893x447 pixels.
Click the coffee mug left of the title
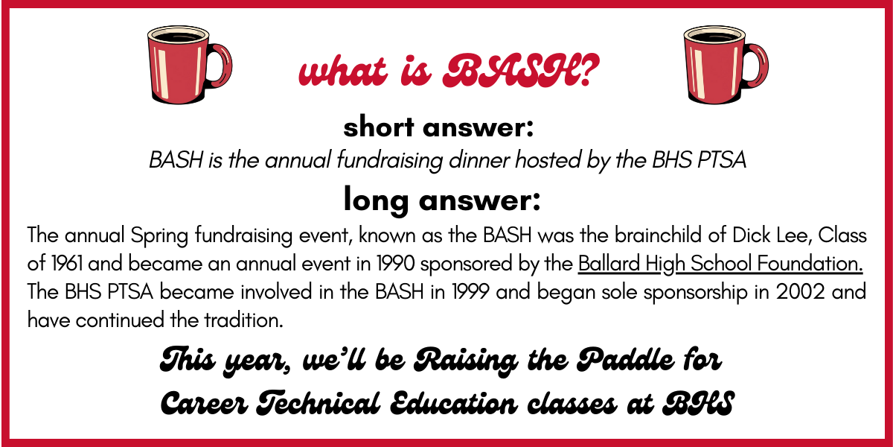[x=188, y=65]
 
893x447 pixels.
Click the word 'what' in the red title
[x=343, y=71]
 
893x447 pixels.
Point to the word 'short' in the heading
[x=379, y=127]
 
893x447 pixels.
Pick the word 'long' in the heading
[x=376, y=200]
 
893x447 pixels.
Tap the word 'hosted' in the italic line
[x=548, y=159]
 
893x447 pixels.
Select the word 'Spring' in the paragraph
[x=159, y=235]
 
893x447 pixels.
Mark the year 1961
[x=66, y=264]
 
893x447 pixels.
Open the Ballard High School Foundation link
[x=720, y=264]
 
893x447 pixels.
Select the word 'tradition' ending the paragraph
[x=243, y=320]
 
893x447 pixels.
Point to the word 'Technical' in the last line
[x=318, y=402]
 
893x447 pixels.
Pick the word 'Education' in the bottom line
[x=454, y=402]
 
